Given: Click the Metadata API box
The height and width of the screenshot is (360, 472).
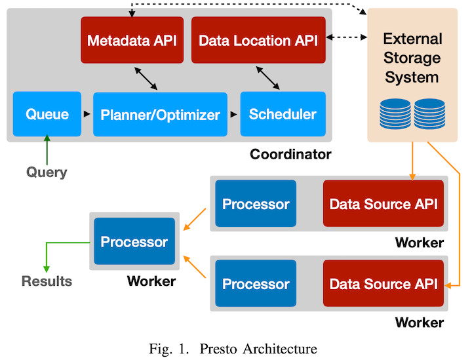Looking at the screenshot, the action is click(132, 40).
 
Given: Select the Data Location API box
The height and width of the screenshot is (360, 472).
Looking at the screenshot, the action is click(258, 40).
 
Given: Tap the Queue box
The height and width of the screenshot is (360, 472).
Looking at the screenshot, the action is click(47, 114).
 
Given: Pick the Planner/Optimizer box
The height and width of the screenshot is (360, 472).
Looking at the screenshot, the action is click(160, 114).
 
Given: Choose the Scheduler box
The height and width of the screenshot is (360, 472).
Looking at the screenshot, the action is click(283, 114).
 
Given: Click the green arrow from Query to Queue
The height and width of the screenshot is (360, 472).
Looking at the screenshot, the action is click(47, 150).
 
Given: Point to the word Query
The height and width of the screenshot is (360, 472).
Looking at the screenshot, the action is click(47, 172).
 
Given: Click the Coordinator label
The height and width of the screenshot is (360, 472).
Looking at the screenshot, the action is click(290, 154).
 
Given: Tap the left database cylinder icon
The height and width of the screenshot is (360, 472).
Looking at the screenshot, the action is click(395, 114).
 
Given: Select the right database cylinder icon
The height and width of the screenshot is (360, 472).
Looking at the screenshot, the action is click(429, 114).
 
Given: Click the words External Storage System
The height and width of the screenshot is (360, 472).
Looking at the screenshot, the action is click(412, 58).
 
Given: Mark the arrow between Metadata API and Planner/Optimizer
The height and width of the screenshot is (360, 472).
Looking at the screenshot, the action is click(146, 79).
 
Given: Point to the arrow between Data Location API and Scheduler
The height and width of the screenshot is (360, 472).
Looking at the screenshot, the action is click(268, 78).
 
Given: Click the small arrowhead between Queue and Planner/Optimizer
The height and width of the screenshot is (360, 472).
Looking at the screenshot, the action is click(87, 114).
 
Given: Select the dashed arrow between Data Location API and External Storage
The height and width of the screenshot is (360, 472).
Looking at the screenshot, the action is click(347, 37).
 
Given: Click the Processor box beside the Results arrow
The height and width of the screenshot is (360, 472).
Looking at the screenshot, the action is click(134, 241).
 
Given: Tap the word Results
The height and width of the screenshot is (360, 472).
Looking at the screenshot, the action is click(47, 281).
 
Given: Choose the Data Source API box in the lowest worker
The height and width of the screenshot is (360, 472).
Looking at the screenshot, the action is click(383, 283).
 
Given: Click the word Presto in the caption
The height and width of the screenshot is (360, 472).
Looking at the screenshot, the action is click(218, 349).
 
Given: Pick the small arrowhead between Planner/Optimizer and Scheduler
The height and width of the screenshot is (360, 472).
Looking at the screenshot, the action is click(233, 114).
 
